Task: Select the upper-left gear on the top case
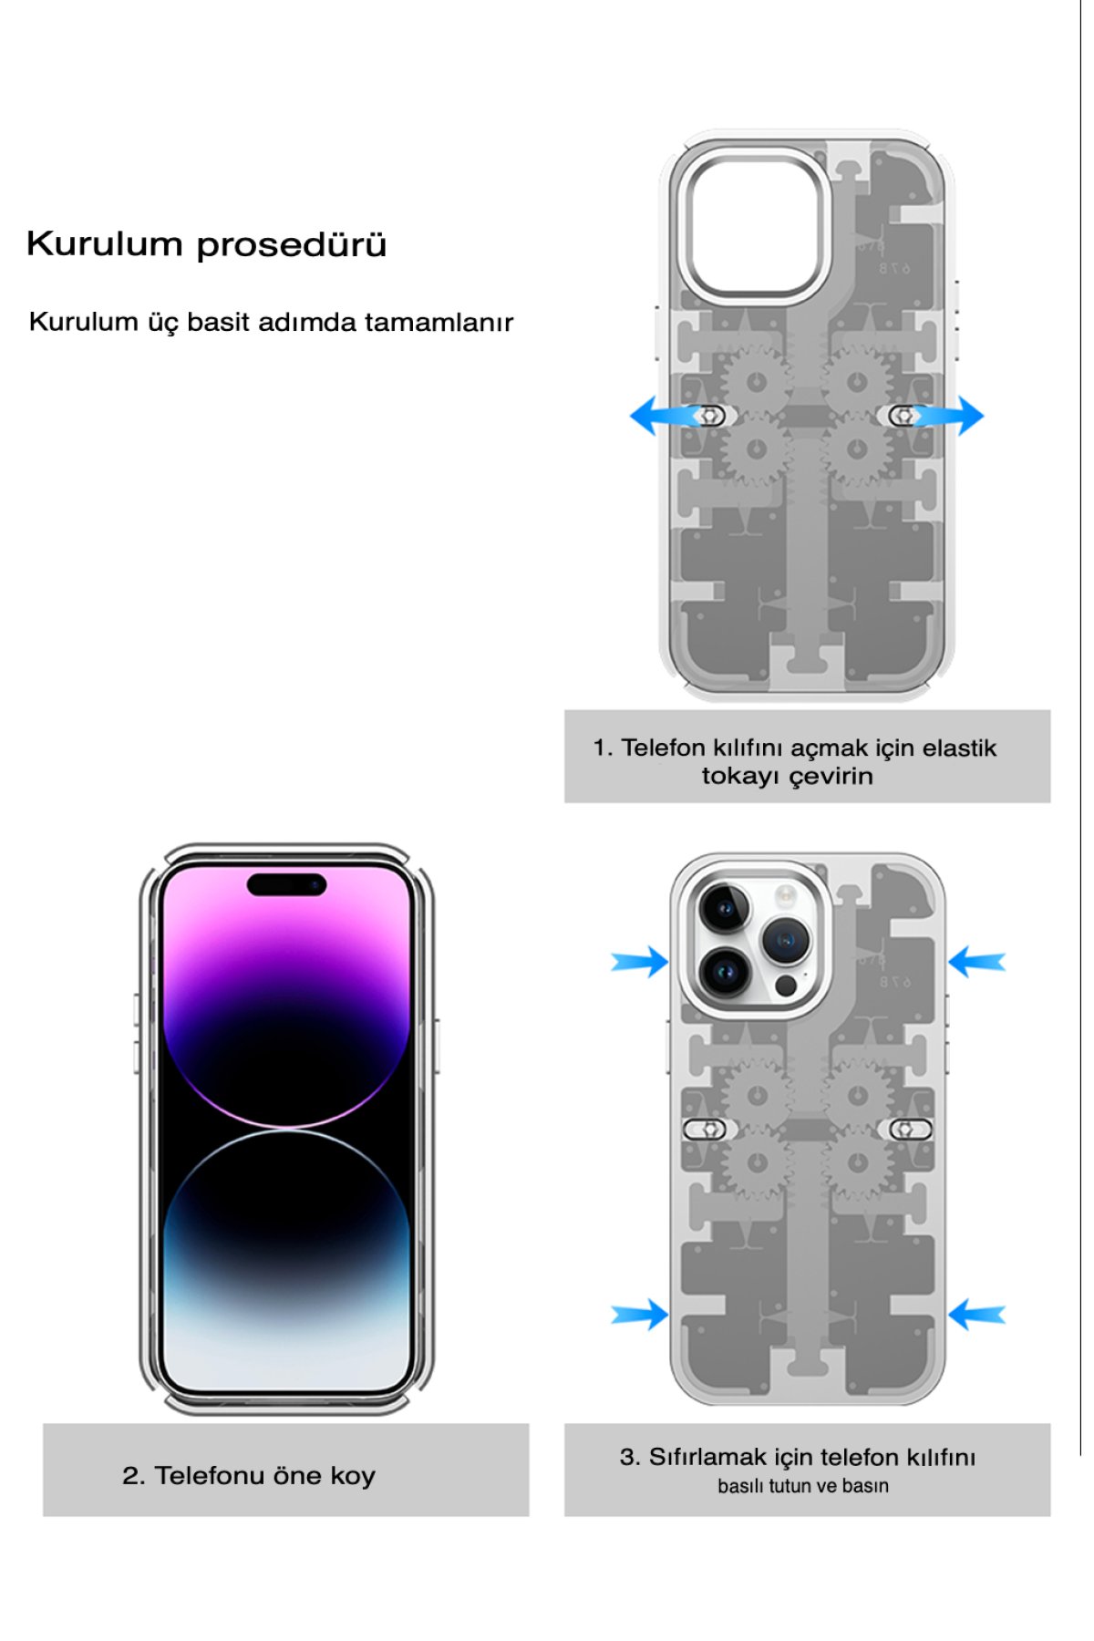coord(756,381)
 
